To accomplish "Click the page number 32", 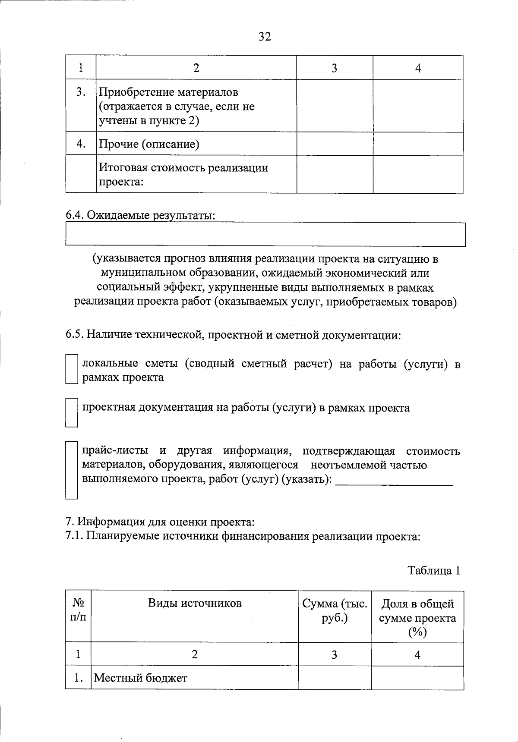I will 265,37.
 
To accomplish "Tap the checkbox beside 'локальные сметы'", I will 71,369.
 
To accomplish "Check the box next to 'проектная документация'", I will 71,413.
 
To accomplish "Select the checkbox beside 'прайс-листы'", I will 71,470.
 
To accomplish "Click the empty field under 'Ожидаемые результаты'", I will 265,235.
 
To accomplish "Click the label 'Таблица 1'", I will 434,571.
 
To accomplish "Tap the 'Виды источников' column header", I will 195,603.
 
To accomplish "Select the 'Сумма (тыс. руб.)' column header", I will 335,610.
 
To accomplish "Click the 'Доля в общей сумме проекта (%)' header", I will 417,618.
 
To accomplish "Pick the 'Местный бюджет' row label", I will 141,678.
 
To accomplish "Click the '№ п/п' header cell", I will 78,610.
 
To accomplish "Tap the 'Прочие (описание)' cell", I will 149,144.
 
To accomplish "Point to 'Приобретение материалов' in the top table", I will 169,92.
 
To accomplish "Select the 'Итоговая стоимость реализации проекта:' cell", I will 184,174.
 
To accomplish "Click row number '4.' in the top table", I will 81,144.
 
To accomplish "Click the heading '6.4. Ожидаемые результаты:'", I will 140,215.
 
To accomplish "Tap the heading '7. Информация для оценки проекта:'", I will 160,522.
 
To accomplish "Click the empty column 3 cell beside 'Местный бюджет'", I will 335,678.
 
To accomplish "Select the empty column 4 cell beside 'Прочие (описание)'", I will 418,144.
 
